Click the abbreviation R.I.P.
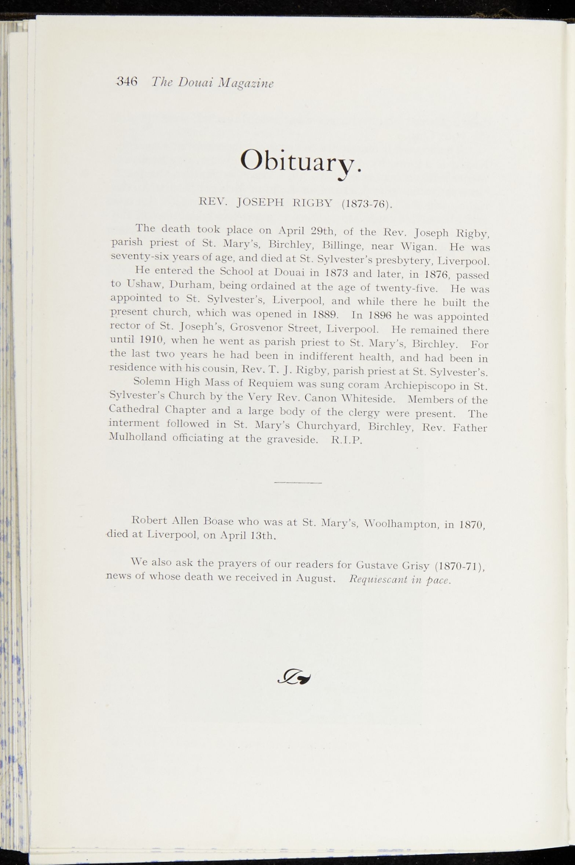tap(347, 440)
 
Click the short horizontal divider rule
tap(298, 482)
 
